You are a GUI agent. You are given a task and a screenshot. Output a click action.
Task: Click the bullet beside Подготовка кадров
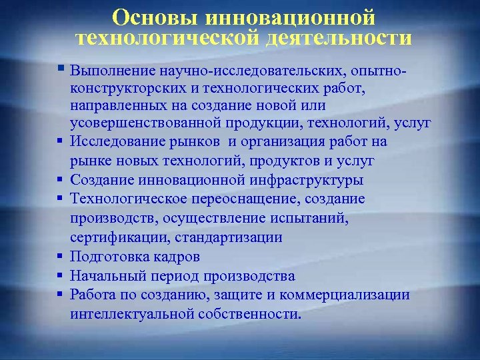(x=60, y=255)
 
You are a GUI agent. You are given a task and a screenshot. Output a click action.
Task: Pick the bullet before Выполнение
(x=60, y=67)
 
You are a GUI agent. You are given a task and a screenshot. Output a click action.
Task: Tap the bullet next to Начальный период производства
(x=60, y=275)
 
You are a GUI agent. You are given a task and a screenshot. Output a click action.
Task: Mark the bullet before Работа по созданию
(x=60, y=293)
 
